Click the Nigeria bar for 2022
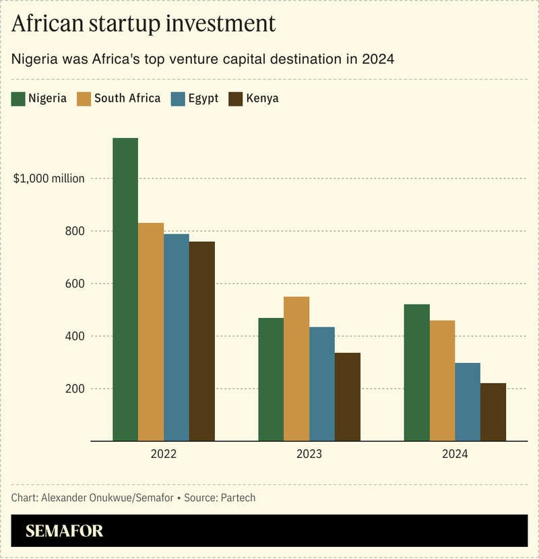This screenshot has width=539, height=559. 125,290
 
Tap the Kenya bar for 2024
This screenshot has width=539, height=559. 493,412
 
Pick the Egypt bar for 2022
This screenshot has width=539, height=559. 177,337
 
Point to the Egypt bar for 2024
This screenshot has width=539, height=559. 468,402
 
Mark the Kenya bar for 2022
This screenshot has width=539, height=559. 202,341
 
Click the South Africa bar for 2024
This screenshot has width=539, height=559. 442,381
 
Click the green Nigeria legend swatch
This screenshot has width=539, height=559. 18,98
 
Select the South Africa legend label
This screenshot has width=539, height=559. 127,98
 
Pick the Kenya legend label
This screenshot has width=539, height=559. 263,98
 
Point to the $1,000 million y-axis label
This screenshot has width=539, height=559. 49,178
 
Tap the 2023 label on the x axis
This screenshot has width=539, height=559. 309,455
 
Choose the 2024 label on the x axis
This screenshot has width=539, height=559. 455,455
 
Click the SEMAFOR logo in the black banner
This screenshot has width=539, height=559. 65,531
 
